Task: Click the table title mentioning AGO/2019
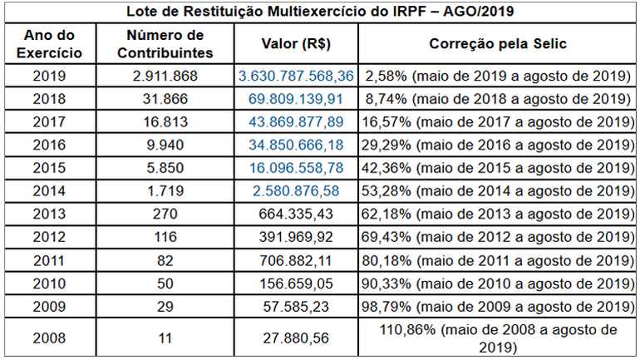click(320, 13)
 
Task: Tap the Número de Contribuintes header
click(165, 44)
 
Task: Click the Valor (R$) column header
click(296, 44)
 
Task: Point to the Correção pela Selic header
click(497, 44)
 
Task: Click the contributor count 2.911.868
click(165, 76)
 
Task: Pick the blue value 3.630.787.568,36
click(296, 76)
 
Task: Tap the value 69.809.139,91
click(296, 99)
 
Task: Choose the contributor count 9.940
click(165, 145)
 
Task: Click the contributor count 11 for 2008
click(165, 338)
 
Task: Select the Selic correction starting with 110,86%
click(497, 338)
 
